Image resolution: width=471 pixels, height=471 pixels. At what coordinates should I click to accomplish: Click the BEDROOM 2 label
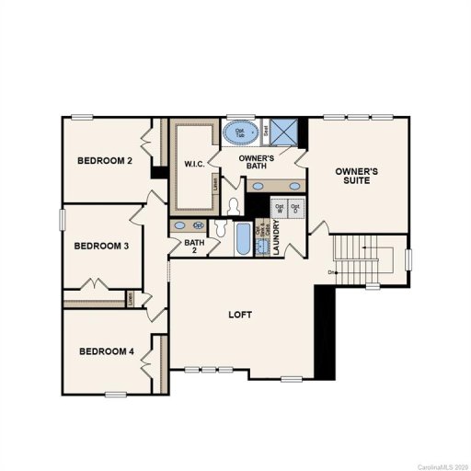coord(105,161)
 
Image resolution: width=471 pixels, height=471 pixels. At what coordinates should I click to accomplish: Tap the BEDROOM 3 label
coord(101,246)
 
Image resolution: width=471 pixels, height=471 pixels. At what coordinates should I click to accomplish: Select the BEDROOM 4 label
coord(106,351)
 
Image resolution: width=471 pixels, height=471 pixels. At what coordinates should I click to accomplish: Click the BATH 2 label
coord(194,247)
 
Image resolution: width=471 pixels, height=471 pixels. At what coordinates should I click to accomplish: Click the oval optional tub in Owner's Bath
coord(242,133)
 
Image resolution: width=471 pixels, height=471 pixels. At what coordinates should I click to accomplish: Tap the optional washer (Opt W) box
coord(280,208)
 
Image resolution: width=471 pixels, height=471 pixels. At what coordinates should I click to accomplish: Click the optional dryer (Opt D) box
coord(295,208)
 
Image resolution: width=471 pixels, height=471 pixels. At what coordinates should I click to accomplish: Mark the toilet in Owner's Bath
coord(234,205)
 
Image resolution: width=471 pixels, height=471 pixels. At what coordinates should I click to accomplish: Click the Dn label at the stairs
coord(330,272)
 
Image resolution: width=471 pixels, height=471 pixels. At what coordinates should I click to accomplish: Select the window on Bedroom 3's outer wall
coord(63,222)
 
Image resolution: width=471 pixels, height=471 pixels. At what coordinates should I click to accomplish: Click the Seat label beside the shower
coord(266,132)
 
